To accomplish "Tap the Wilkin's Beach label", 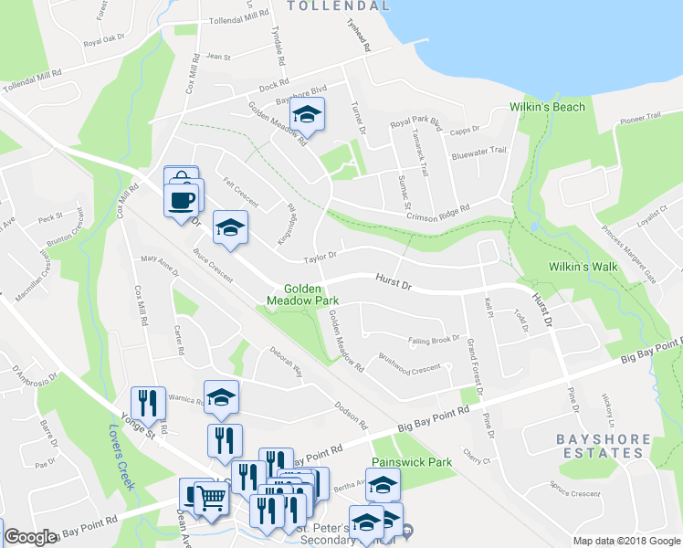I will coord(547,108).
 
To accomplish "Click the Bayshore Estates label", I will coord(604,447).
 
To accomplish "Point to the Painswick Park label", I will coord(412,462).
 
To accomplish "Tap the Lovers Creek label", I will coord(121,455).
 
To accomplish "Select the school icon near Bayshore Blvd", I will coord(307,116).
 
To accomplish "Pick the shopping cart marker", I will coord(211,498).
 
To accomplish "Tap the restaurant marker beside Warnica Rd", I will coord(147,402).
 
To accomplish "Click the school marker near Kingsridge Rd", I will coord(230,227).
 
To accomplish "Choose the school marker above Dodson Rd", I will coord(221,396).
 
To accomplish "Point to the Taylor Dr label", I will coord(321,258).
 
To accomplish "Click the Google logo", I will coord(30,537).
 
